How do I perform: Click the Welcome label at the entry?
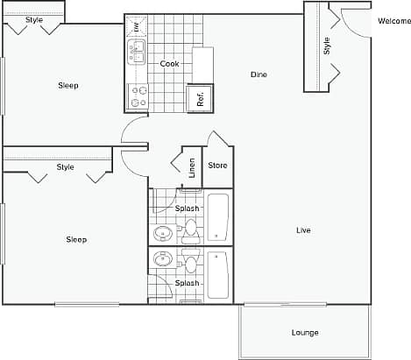coord(393,21)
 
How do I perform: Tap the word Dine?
coord(259,74)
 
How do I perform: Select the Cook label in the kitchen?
coord(170,64)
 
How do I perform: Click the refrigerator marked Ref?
coord(200,97)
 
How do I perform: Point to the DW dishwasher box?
coord(137,27)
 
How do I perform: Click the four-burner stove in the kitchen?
coord(138,95)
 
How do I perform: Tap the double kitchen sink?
coord(137,53)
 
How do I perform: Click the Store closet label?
coord(217,166)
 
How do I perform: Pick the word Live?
coord(303,230)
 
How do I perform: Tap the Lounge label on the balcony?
coord(305,333)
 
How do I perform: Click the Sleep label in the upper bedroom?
coord(68,85)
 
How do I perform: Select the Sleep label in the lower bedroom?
coord(76,239)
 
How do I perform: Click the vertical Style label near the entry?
coord(327,46)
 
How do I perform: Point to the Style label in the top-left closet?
coord(33,19)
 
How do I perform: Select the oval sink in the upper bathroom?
coord(163,234)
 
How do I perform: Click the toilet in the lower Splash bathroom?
coord(189,263)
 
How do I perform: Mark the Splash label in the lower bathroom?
coord(187,284)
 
